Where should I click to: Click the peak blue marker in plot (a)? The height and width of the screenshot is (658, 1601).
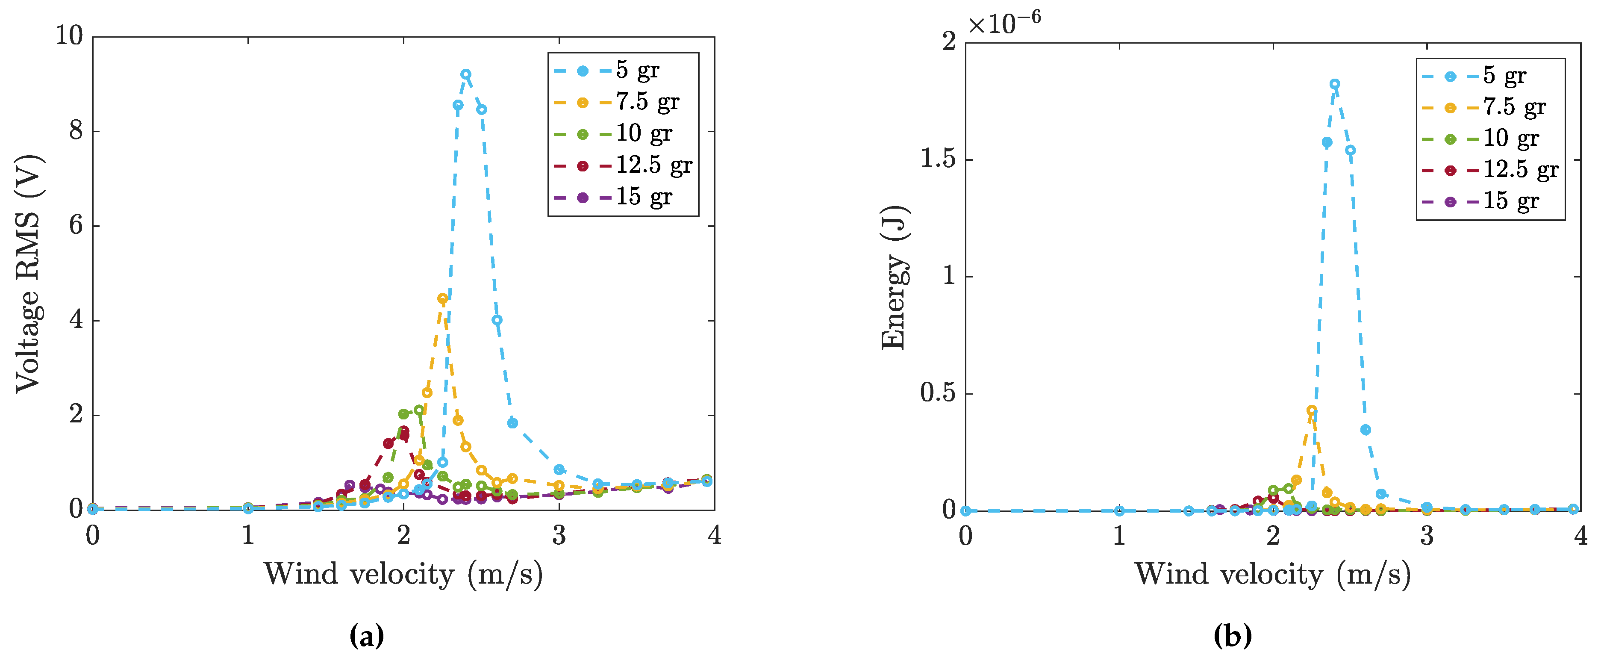click(465, 74)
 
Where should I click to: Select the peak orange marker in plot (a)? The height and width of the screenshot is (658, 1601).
click(442, 298)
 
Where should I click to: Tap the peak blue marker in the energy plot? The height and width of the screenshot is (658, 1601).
click(1334, 84)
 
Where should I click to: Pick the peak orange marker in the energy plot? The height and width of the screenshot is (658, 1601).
click(1311, 410)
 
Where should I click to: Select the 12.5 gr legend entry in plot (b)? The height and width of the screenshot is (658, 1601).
click(1520, 170)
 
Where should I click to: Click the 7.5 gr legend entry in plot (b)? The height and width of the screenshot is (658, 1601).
click(1514, 107)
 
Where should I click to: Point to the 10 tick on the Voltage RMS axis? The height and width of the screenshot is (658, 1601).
click(69, 35)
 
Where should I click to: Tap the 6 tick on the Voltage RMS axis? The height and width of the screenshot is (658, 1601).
click(76, 226)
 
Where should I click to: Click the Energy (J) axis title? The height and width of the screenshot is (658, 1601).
click(895, 277)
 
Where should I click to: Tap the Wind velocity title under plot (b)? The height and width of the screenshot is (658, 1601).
click(1273, 573)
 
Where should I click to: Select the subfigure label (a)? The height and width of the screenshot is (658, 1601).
click(367, 636)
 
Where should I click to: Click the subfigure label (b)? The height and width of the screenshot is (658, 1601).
click(1233, 636)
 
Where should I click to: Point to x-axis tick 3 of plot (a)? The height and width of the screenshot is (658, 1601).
click(559, 535)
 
